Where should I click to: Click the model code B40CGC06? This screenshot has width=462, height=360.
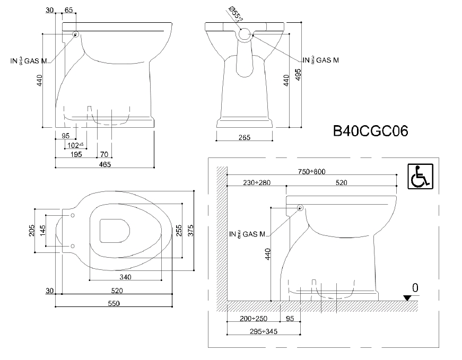370,131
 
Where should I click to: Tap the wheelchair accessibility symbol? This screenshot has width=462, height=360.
420,176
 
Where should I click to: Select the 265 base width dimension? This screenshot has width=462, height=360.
244,137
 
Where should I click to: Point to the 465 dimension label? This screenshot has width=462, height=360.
104,164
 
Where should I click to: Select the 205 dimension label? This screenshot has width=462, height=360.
31,230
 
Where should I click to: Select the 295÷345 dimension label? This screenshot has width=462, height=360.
264,331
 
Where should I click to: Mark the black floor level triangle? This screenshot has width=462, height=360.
407,297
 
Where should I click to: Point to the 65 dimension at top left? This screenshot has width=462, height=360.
69,10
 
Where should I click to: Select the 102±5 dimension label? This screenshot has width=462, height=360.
76,145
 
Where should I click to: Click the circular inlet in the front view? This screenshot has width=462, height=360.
245,35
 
